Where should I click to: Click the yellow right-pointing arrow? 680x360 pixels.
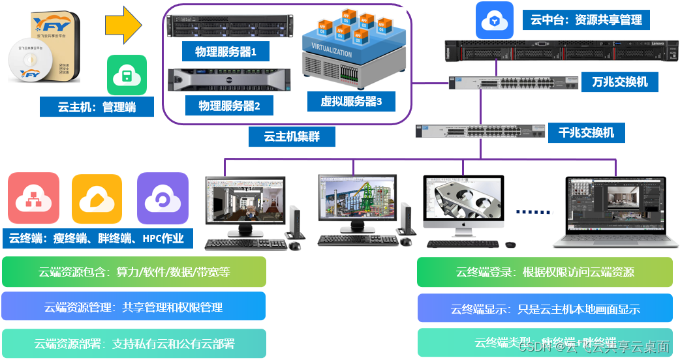[x=123, y=25]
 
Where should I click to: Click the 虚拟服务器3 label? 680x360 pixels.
[x=351, y=101]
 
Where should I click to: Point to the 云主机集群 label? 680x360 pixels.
[x=291, y=136]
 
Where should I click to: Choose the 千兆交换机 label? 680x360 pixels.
[x=586, y=132]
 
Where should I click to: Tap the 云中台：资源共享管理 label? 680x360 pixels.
[x=586, y=20]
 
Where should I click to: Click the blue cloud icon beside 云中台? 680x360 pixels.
[x=495, y=21]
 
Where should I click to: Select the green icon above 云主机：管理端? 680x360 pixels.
[x=127, y=75]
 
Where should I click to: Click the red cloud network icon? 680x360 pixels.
[x=33, y=198]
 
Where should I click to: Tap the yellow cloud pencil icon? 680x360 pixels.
[x=97, y=199]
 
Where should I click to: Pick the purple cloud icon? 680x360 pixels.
[x=162, y=198]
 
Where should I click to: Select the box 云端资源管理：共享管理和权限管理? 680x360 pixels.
[x=134, y=307]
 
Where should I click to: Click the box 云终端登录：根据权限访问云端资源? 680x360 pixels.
[x=545, y=272]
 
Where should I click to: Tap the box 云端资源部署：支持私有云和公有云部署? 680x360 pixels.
[x=134, y=343]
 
